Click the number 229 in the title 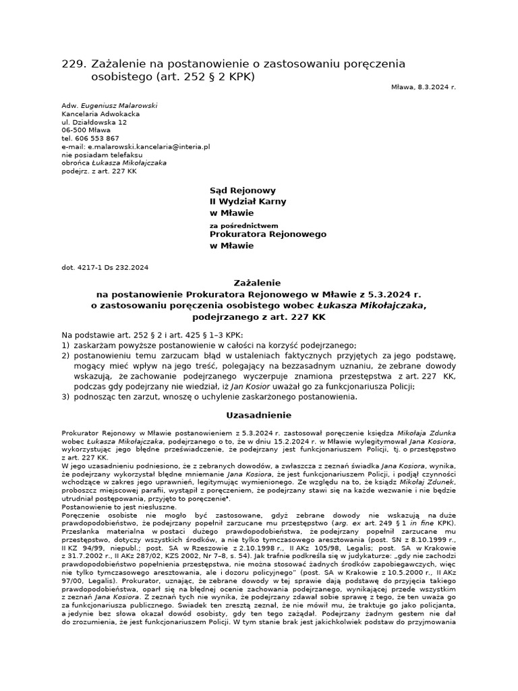click(x=73, y=63)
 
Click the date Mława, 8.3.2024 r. click(x=423, y=87)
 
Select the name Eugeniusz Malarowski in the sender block click(x=119, y=105)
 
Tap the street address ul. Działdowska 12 click(x=94, y=122)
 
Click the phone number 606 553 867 click(x=96, y=138)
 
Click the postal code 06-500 click(x=74, y=130)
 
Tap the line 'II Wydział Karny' click(x=248, y=202)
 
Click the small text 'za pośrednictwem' click(x=243, y=225)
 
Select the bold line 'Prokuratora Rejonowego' click(x=268, y=234)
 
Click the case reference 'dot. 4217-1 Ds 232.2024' click(x=105, y=268)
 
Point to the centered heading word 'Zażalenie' click(x=259, y=283)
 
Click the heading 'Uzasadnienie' click(x=259, y=415)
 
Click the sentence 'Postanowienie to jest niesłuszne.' click(x=119, y=507)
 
